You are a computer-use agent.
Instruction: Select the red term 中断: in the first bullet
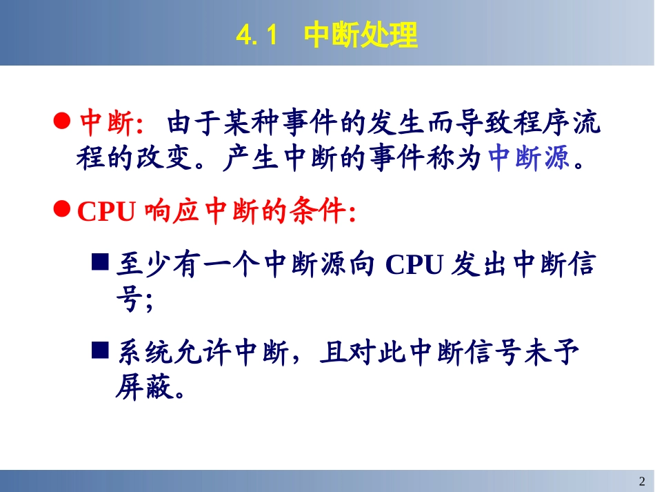[111, 124]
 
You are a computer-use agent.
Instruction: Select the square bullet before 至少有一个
[100, 262]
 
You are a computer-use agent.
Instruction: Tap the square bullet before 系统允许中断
[100, 351]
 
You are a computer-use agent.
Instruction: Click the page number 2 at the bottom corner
[642, 481]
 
